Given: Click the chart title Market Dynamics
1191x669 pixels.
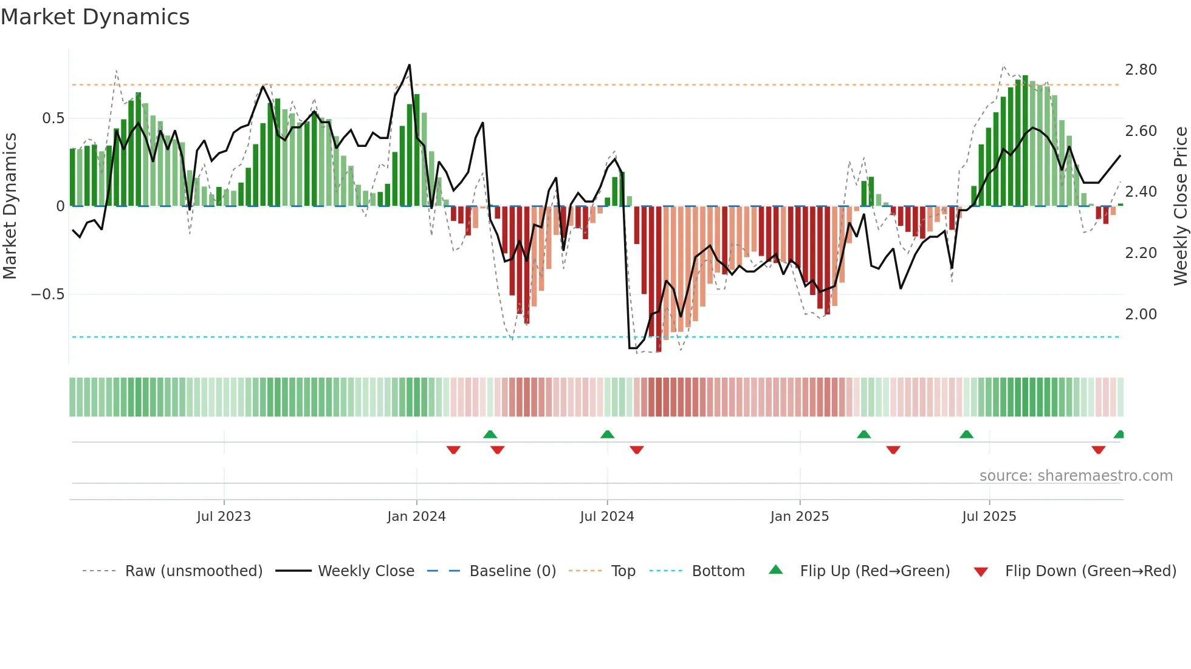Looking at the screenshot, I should click(95, 17).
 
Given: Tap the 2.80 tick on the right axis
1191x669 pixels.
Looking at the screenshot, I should click(1141, 70).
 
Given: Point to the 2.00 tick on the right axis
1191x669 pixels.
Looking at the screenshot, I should click(1141, 314).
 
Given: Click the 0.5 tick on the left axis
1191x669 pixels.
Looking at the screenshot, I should click(53, 118).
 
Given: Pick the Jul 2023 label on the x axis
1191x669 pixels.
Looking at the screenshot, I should click(224, 517).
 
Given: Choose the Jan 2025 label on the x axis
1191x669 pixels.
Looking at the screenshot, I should click(799, 517).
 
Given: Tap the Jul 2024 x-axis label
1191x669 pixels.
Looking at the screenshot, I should click(606, 517).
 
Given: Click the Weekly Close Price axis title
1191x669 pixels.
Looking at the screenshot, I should click(1180, 206).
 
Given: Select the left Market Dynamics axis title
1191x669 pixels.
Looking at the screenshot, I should click(10, 206).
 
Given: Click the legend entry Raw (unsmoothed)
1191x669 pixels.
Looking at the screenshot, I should click(193, 571).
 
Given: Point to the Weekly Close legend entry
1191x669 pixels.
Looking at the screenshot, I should click(366, 571).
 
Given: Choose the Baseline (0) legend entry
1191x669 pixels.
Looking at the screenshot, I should click(512, 571).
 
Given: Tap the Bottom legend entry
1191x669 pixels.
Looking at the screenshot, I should click(718, 571).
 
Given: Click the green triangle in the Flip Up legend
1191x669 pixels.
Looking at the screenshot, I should click(776, 569).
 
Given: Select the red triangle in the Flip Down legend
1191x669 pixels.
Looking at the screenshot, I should click(981, 572).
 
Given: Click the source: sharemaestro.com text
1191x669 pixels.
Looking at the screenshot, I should click(1076, 476).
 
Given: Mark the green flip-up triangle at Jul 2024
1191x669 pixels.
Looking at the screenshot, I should click(607, 434).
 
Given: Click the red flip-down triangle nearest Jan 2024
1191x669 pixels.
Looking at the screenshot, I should click(453, 450).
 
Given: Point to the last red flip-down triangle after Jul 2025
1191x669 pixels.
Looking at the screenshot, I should click(1098, 450).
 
